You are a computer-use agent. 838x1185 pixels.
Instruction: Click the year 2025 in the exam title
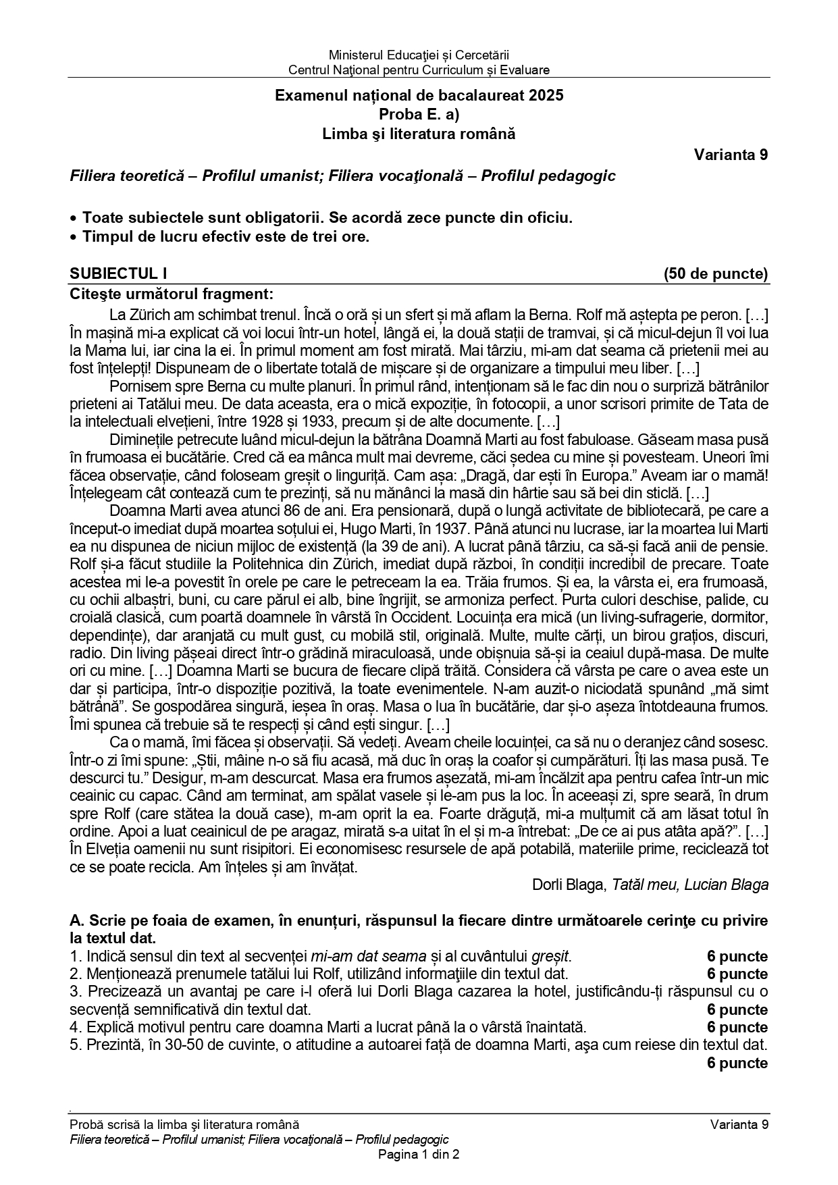(546, 96)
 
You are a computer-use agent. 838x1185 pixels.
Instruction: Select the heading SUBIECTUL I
(118, 273)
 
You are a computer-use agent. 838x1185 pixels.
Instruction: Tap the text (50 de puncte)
(716, 273)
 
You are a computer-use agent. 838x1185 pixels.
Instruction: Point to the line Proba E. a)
(419, 115)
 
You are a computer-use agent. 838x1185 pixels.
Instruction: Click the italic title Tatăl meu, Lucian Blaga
(690, 885)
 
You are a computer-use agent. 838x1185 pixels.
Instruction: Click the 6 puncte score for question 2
(737, 974)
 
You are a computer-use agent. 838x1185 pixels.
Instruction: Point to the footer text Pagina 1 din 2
(419, 1155)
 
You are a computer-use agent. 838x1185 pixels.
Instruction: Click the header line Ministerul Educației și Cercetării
(419, 55)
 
